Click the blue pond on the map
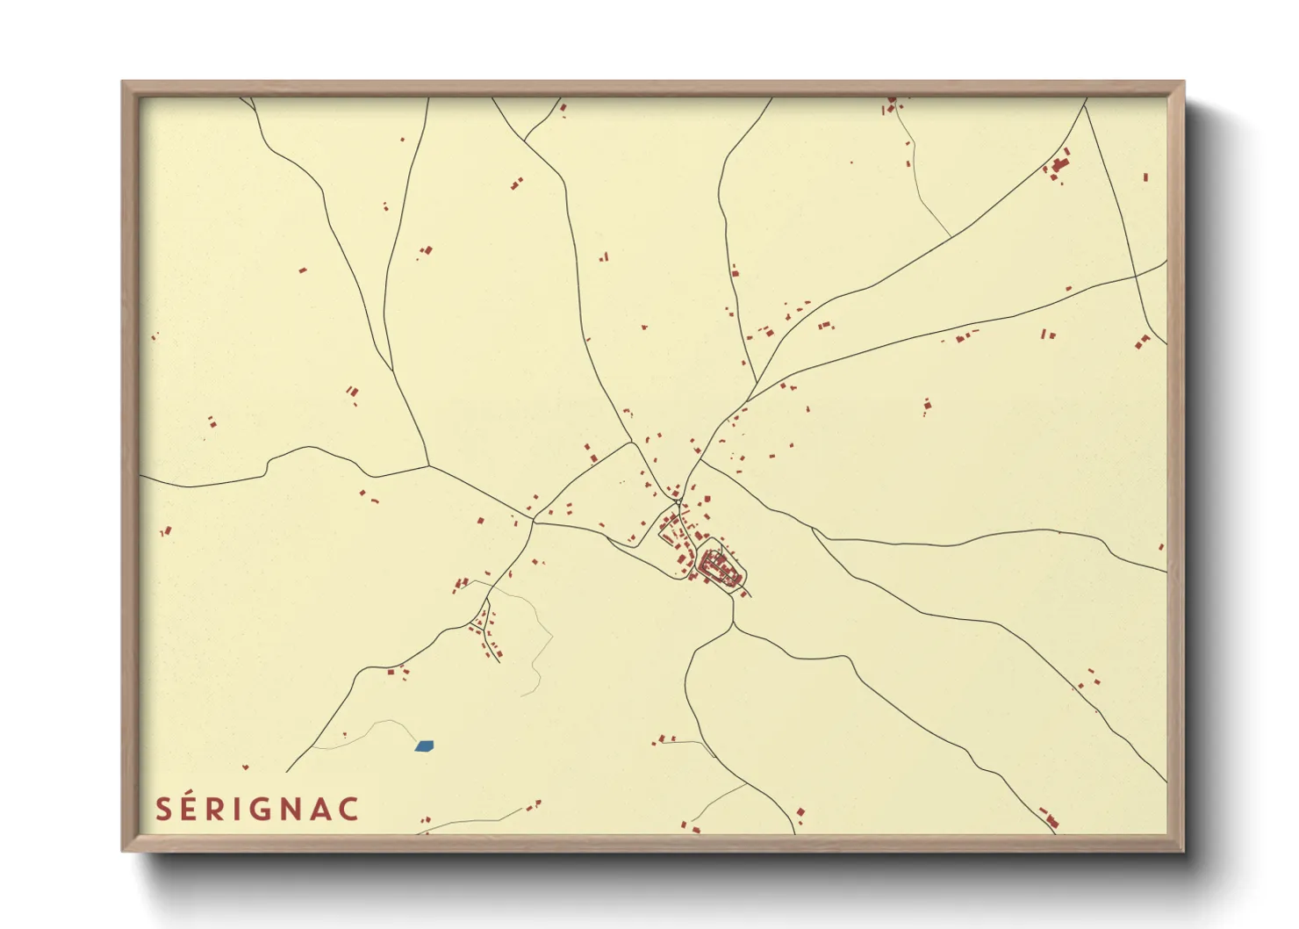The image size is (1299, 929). pyautogui.click(x=424, y=746)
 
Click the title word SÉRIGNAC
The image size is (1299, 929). pyautogui.click(x=257, y=809)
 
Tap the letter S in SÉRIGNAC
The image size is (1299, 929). pyautogui.click(x=163, y=809)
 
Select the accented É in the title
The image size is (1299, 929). pyautogui.click(x=190, y=808)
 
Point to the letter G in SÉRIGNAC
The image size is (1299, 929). pyautogui.click(x=261, y=809)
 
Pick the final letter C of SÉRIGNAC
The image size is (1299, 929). pyautogui.click(x=349, y=809)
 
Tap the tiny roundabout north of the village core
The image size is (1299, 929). pyautogui.click(x=678, y=502)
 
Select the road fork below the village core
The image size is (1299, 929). pyautogui.click(x=733, y=625)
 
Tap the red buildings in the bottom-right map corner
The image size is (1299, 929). pyautogui.click(x=1050, y=818)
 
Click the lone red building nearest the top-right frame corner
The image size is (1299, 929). pyautogui.click(x=1145, y=177)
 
